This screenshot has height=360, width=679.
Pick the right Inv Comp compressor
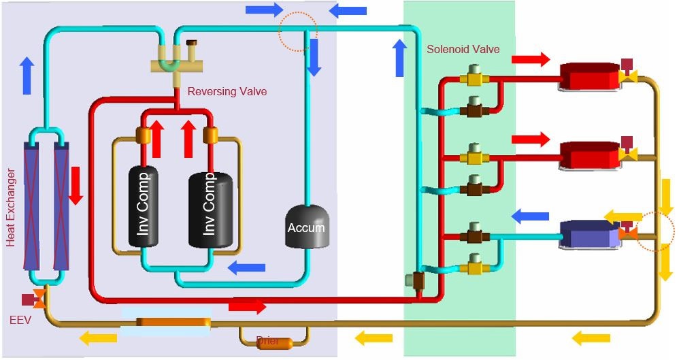point(210,206)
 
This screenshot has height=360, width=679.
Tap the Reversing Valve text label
point(227,91)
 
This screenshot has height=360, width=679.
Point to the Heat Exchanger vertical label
point(11,208)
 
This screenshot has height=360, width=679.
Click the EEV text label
point(20,318)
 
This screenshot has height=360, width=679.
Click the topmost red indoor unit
point(589,78)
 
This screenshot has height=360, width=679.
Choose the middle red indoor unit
point(589,155)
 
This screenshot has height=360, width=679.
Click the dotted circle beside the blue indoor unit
point(656,231)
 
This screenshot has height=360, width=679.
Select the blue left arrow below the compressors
point(246,267)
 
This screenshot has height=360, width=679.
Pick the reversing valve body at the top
point(178,66)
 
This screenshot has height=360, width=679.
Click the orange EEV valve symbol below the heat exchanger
point(39,298)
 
